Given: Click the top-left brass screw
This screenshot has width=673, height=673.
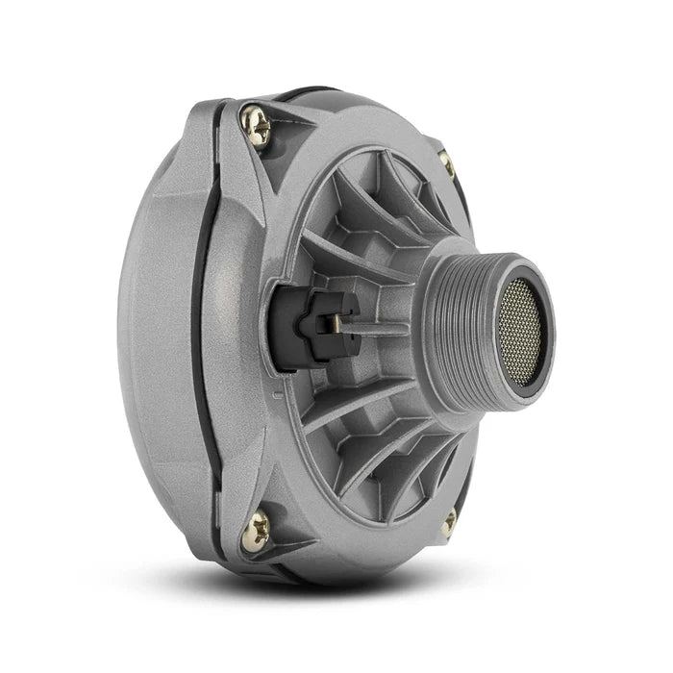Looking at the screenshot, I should [x=256, y=126].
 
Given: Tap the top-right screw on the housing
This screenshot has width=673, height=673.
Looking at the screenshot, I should [x=446, y=163].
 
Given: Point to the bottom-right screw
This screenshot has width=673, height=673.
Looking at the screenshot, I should [x=448, y=521].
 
